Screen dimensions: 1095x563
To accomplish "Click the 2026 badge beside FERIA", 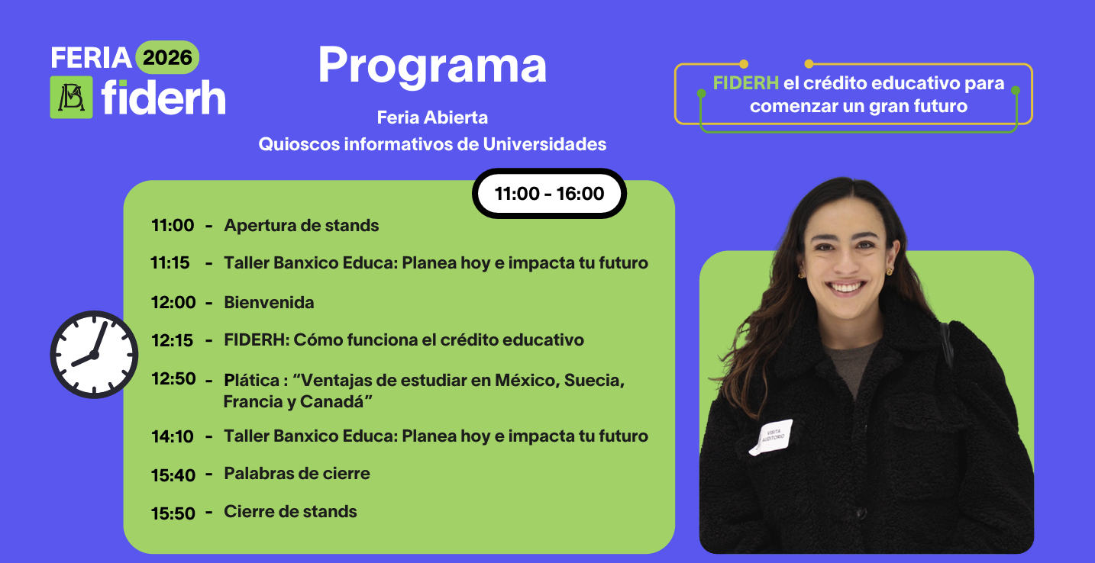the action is (167, 58).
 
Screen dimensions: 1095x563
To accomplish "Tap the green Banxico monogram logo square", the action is (71, 97).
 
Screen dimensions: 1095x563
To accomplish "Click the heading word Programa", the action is (432, 66).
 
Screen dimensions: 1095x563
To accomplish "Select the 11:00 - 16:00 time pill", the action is (550, 193).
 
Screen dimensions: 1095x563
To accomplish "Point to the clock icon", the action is (94, 355).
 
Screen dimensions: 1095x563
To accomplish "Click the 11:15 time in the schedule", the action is (170, 262).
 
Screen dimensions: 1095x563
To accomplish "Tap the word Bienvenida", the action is (269, 302).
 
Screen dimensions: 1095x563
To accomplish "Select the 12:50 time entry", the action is (173, 378).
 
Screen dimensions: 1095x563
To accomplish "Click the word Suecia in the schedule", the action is (594, 381).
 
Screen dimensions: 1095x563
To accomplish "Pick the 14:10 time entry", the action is (173, 436).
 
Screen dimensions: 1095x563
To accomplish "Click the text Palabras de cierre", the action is (297, 473).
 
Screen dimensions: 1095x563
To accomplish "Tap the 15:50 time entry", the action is (173, 513).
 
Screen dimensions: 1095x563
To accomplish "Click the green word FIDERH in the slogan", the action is (745, 83).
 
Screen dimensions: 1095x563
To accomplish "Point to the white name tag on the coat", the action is (771, 437).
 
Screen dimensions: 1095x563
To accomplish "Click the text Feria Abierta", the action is (432, 117).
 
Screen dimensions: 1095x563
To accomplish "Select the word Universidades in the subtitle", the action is (544, 144).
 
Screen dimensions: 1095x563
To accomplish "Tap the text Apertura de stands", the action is (301, 226).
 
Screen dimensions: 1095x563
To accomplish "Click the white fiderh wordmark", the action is (163, 98).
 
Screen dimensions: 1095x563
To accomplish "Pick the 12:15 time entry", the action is (172, 340).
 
